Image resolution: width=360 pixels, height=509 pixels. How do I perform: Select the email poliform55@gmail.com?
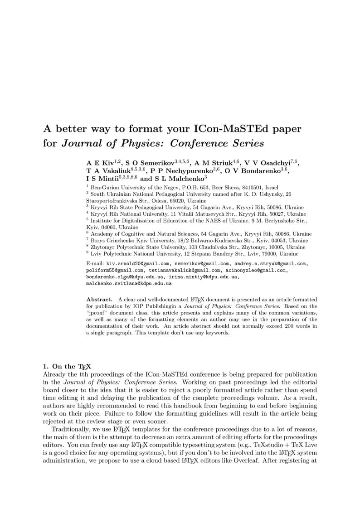pos(115,270)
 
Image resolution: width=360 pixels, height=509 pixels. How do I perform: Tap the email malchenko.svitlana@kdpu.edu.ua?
pos(129,283)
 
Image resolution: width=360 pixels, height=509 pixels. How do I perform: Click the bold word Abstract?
pos(99,300)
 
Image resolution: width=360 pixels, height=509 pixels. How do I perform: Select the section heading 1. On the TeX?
pos(67,366)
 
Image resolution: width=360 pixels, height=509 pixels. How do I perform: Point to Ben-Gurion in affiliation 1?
pos(105,187)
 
